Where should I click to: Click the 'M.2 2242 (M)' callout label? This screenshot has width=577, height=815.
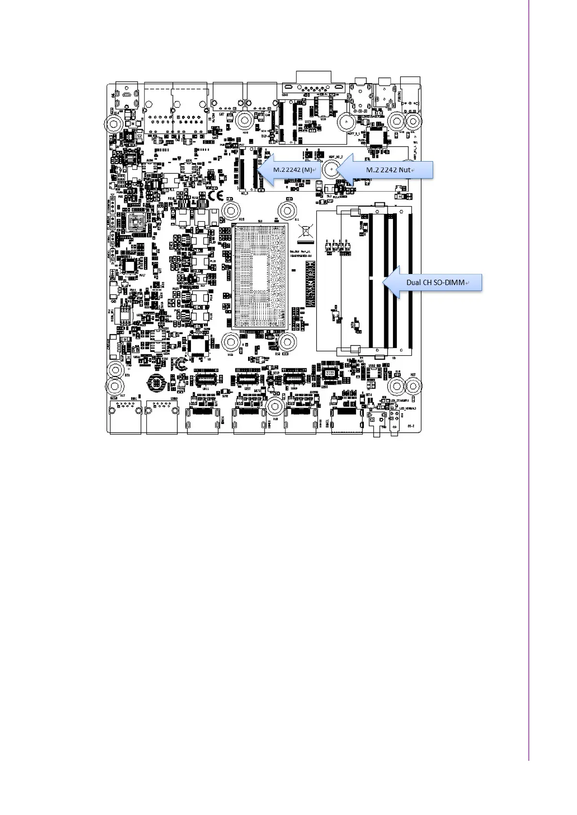(292, 170)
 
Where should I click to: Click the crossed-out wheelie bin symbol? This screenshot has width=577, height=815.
(304, 231)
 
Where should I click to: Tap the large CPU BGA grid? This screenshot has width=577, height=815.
(260, 276)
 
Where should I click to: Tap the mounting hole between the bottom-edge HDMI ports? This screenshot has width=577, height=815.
(275, 407)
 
